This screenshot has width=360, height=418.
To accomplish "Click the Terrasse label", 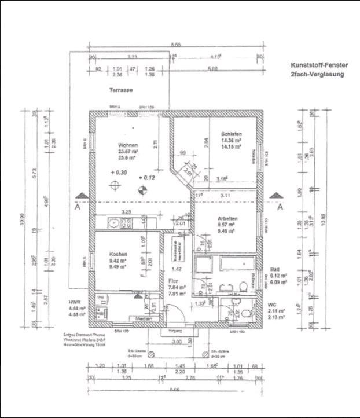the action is pos(122,91).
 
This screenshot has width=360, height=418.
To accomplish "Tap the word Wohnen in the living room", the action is pos(127,145).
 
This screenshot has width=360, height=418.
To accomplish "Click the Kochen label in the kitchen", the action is pos(118,254).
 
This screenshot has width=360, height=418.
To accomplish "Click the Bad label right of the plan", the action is pos(275,270).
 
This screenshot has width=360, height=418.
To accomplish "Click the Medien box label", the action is pos(144,319).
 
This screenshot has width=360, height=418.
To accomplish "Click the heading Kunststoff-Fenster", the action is pos(317,66).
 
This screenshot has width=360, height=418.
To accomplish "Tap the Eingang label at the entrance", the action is pos(172,331).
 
